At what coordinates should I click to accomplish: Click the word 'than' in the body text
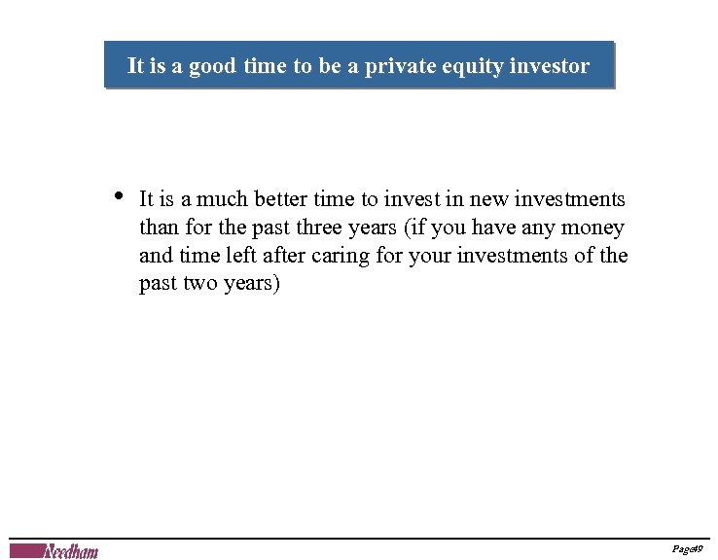(159, 228)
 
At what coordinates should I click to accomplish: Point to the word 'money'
(595, 228)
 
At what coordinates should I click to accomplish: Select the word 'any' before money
(543, 229)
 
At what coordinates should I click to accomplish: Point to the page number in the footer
(687, 550)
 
